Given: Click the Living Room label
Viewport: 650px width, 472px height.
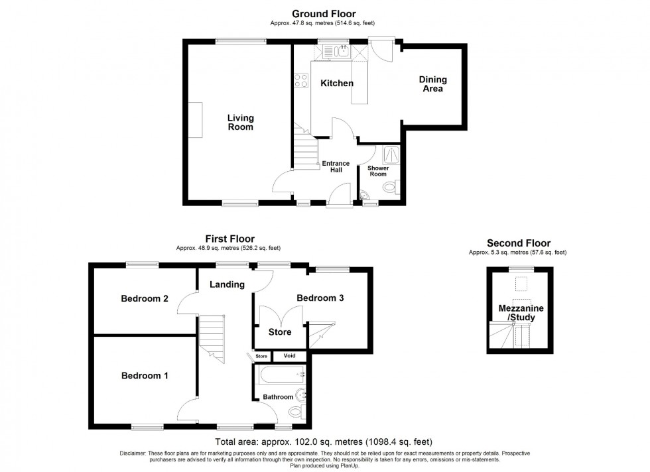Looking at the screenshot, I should [240, 123].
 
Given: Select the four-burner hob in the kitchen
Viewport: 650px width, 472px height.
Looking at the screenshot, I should [301, 81].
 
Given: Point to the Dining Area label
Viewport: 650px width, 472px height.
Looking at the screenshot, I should [433, 84].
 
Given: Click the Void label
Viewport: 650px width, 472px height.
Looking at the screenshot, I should [290, 356].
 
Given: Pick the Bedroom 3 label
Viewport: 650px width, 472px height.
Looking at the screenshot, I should [320, 298].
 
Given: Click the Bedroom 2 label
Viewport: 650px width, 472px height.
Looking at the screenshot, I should [144, 299].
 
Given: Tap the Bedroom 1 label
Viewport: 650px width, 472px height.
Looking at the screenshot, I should [144, 376].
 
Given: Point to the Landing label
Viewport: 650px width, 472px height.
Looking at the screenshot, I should [227, 284].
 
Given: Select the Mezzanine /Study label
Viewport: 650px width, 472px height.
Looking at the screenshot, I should [517, 313].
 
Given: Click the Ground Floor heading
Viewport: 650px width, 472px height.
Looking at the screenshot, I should [324, 13].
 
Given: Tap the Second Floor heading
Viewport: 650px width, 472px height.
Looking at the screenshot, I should [518, 243].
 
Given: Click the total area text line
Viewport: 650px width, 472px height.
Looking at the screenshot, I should [324, 442].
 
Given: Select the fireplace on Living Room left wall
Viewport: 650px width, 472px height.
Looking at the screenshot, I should [195, 120].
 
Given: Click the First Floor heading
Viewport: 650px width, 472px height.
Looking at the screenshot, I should [228, 239].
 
